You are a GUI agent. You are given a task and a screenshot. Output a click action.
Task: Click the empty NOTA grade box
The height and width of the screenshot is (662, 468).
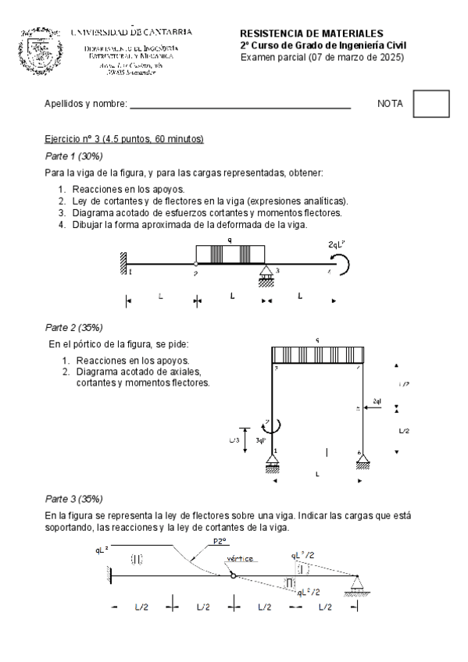tap(430, 104)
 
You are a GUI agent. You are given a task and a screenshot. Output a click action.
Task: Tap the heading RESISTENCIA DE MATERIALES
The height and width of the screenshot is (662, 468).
tap(311, 34)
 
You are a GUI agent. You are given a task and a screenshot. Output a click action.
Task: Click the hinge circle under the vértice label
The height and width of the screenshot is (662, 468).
tap(233, 576)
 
